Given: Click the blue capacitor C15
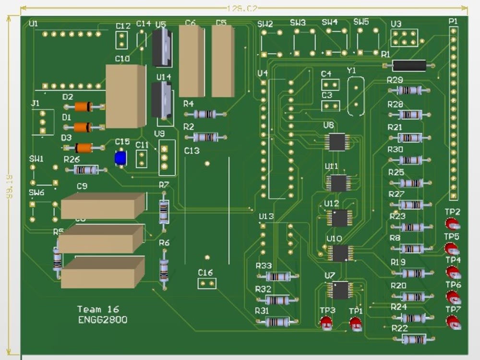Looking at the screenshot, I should point(120,158).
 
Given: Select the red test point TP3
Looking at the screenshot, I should point(326,323).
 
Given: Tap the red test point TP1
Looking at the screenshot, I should point(355,324).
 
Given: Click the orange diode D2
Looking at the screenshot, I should point(83,107).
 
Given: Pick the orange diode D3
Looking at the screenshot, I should point(84,148).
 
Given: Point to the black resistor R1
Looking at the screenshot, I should point(409,65).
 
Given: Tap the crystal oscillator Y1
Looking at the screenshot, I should point(356,96).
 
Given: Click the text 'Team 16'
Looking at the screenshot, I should point(98,310).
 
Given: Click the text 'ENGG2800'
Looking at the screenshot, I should point(103,320).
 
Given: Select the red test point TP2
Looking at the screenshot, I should point(452,224).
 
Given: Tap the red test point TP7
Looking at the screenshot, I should point(453,322).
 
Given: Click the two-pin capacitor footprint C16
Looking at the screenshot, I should point(207,284).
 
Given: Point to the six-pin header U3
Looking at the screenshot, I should point(404,38).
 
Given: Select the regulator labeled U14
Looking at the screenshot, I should point(162,100).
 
